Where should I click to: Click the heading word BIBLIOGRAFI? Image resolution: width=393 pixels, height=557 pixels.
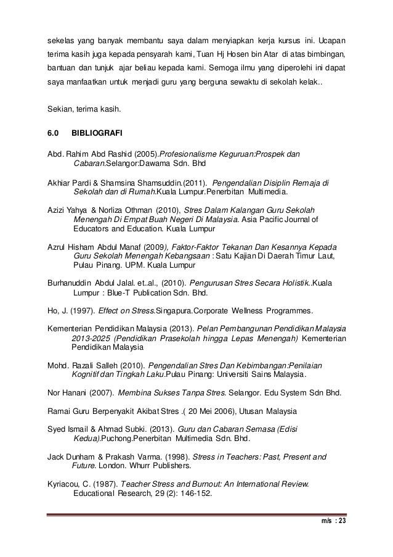click(97, 133)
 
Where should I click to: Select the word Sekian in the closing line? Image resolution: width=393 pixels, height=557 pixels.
click(60, 110)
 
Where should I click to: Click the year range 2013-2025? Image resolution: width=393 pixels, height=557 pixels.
click(94, 337)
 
